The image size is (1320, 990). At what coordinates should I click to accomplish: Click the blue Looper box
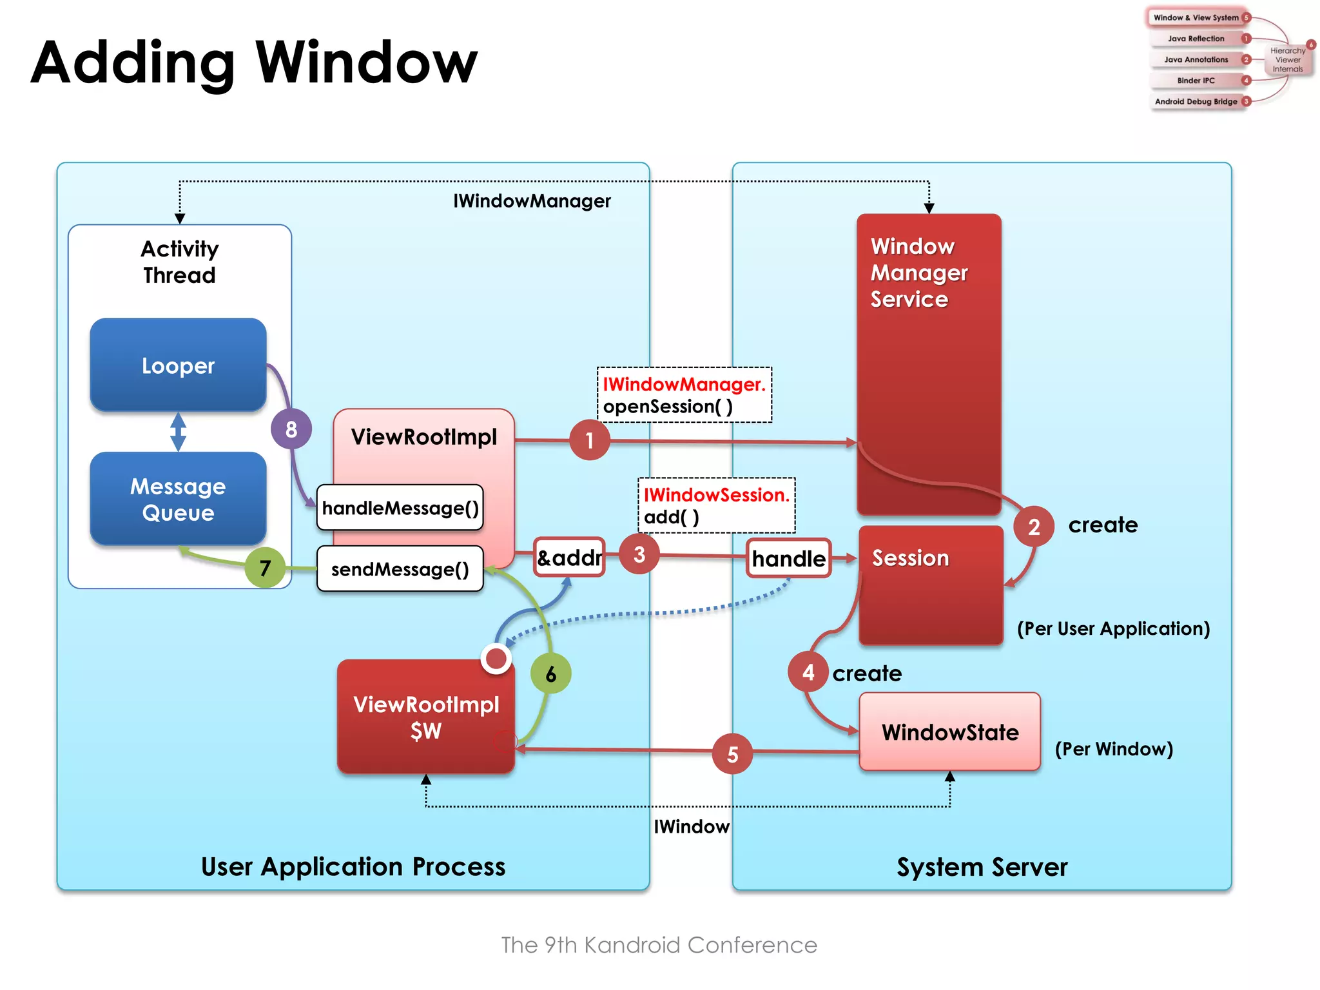pyautogui.click(x=178, y=365)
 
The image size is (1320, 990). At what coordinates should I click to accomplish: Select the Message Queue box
pyautogui.click(x=178, y=499)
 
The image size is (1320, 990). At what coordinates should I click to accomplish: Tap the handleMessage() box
pyautogui.click(x=400, y=508)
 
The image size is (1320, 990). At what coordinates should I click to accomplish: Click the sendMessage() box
pyautogui.click(x=400, y=569)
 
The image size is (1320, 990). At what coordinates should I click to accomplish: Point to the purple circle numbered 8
pyautogui.click(x=291, y=429)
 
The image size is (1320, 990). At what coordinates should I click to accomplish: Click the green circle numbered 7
pyautogui.click(x=265, y=568)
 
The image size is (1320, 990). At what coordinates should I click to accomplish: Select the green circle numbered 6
pyautogui.click(x=550, y=674)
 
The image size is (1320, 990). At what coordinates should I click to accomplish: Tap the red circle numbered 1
pyautogui.click(x=589, y=440)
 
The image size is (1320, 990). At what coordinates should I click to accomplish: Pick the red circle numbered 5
pyautogui.click(x=732, y=753)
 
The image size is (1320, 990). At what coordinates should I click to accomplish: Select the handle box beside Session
pyautogui.click(x=788, y=558)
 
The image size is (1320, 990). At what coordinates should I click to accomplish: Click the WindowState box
pyautogui.click(x=949, y=732)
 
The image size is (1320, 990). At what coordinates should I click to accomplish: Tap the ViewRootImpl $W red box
pyautogui.click(x=425, y=717)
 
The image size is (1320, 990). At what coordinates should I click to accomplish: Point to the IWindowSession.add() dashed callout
pyautogui.click(x=716, y=505)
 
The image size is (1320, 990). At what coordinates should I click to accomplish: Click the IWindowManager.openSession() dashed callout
pyautogui.click(x=684, y=395)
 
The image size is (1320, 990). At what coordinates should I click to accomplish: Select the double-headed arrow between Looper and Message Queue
pyautogui.click(x=179, y=431)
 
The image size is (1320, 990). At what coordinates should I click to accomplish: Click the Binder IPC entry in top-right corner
pyautogui.click(x=1196, y=81)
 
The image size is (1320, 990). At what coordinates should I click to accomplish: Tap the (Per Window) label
pyautogui.click(x=1113, y=749)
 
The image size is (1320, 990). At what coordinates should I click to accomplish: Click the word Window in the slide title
pyautogui.click(x=366, y=63)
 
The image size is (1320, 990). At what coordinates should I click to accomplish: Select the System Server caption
pyautogui.click(x=982, y=867)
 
